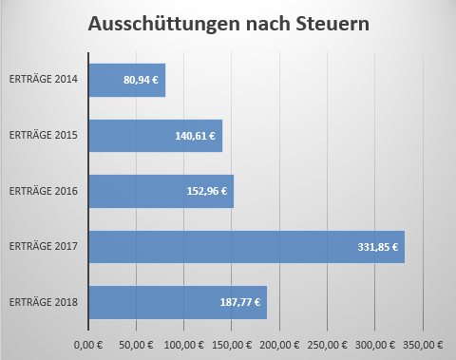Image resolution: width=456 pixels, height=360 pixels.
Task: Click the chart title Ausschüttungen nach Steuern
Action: coord(229,24)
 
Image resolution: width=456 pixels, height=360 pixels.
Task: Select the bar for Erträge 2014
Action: coord(127,80)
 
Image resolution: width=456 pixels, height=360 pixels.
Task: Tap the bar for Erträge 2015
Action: coord(156,136)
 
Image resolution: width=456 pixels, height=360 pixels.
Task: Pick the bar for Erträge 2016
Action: coord(161,191)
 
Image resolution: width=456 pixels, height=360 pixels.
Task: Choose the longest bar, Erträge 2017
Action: coord(247,247)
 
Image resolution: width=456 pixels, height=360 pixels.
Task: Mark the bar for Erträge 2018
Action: coord(178,302)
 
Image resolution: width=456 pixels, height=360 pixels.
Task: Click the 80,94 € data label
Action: coord(141,80)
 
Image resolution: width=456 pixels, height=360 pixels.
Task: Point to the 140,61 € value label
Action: coord(195,136)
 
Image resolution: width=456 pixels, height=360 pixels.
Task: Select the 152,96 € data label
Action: coord(207,191)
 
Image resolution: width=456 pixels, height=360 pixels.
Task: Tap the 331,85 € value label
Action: coord(378,247)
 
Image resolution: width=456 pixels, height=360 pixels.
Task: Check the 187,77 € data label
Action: coord(240,302)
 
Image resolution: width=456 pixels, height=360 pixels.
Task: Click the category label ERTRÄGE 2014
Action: coord(44,79)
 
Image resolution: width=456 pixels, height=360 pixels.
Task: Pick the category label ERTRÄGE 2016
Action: coord(44,191)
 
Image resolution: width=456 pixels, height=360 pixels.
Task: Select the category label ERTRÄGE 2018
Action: coord(44,302)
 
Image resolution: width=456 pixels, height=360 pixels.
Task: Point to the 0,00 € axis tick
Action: coord(88,345)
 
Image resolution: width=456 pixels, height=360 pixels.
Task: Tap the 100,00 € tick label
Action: coord(184,345)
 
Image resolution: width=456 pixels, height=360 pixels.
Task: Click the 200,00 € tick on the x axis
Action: coord(279,345)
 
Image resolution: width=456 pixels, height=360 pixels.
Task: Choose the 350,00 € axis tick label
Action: coord(423,345)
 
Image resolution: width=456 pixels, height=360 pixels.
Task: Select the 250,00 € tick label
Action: coord(327,345)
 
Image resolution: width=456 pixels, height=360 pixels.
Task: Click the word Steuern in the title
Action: coord(332,24)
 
